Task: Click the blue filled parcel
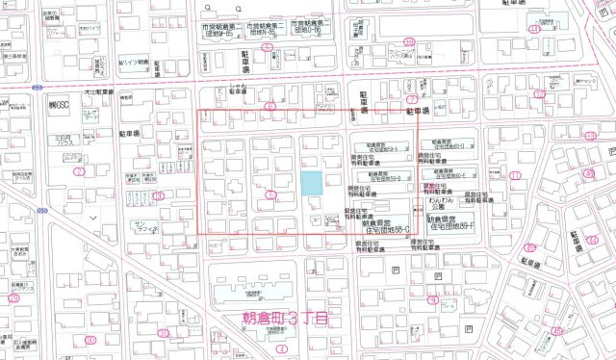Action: [x=311, y=183]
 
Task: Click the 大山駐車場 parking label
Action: [x=99, y=93]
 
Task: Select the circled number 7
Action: [x=411, y=98]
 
